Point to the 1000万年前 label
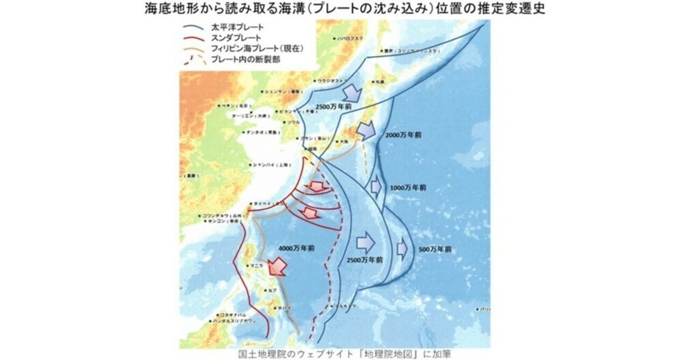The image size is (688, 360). click(x=406, y=187)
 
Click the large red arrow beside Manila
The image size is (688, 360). click(x=279, y=265)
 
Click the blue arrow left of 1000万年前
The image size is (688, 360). click(x=376, y=186)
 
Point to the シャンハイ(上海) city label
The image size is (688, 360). click(x=269, y=165)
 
